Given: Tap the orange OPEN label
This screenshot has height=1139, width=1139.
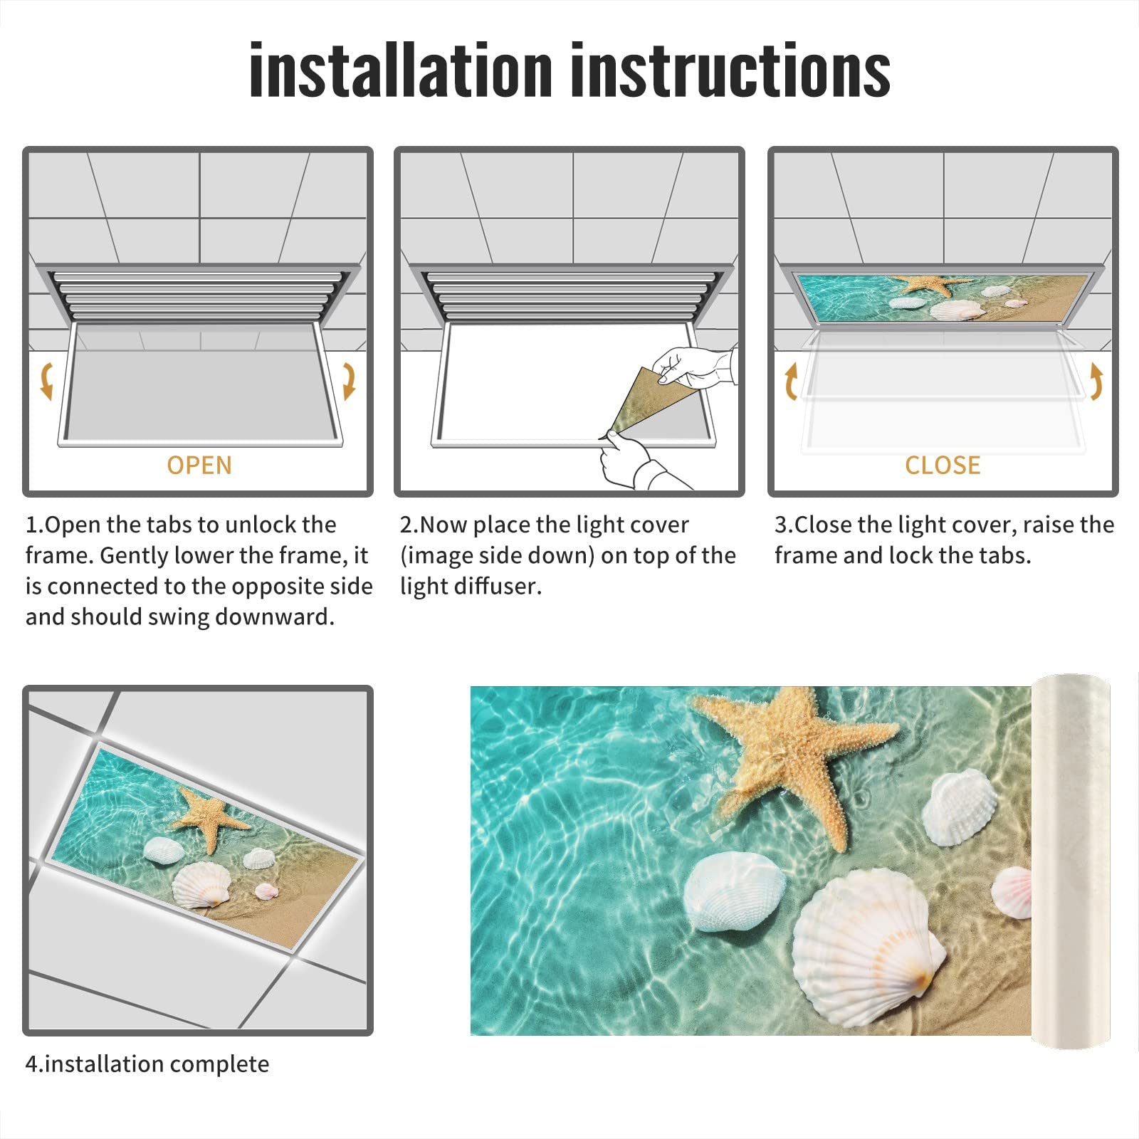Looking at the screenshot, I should pos(199,466).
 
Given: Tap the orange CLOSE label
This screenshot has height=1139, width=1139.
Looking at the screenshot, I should pos(943,466).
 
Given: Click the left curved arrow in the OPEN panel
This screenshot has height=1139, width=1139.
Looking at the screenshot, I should pos(47,381).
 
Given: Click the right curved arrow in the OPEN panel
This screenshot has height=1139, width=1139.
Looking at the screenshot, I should pos(349,381).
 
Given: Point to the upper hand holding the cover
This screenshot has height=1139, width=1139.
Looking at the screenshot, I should pos(694,367).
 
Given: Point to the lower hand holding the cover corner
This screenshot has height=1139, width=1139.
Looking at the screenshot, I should pos(626,459).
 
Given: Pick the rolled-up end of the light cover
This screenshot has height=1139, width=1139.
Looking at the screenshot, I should pos(1071,861).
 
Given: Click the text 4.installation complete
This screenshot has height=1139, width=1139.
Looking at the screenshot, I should pos(147,1064).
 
